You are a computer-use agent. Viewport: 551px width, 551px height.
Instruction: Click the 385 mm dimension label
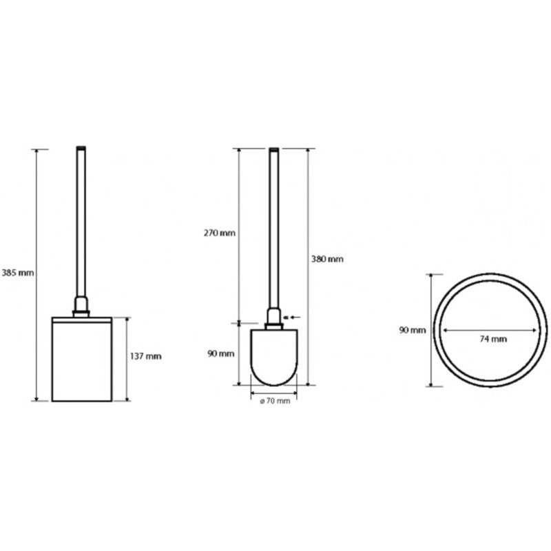(x=18, y=273)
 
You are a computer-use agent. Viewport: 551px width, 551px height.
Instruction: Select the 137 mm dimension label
(x=146, y=356)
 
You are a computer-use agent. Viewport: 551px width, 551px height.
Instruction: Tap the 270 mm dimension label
(x=219, y=233)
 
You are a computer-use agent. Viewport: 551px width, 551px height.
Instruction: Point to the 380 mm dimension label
(x=327, y=260)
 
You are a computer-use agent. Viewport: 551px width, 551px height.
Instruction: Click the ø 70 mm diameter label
(x=275, y=401)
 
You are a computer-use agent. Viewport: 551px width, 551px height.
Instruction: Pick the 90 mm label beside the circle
(x=412, y=331)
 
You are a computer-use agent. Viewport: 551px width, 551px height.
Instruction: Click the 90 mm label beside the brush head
(x=220, y=354)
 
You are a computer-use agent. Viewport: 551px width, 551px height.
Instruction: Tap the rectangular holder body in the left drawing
(x=82, y=359)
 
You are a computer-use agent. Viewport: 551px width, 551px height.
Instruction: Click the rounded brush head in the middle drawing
(x=274, y=357)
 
